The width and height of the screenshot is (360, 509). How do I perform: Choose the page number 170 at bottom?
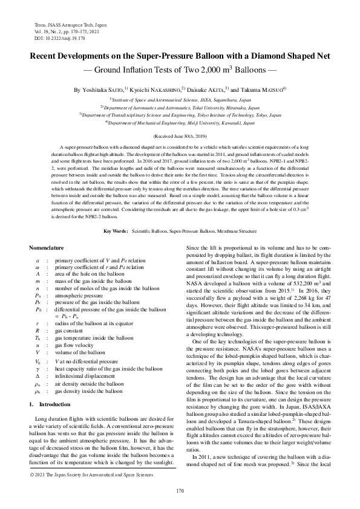pos(180,490)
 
